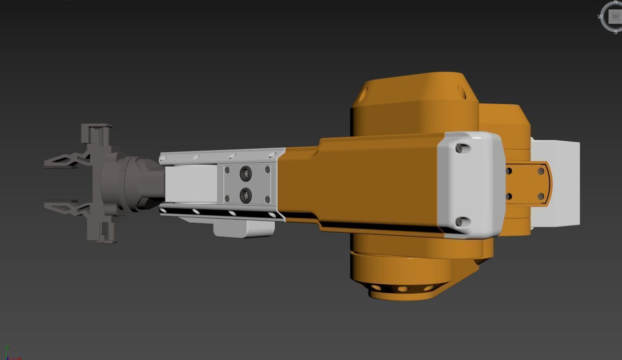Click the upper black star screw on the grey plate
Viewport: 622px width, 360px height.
(246, 174)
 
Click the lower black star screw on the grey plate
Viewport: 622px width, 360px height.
(246, 195)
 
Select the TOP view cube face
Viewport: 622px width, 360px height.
(615, 16)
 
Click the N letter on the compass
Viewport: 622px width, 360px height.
(615, 2)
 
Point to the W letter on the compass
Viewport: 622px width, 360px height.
(601, 16)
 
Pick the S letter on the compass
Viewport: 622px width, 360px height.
(615, 32)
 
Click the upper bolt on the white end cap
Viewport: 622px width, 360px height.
(459, 149)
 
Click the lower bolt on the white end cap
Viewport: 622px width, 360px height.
(459, 222)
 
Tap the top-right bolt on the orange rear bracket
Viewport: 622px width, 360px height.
(541, 172)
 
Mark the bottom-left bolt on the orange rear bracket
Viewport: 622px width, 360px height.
(508, 196)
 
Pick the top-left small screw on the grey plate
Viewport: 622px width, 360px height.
(227, 170)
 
